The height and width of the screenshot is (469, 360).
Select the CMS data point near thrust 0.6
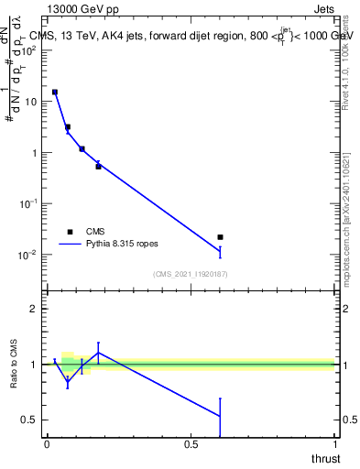pos(220,237)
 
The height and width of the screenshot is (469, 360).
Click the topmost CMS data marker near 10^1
pos(55,93)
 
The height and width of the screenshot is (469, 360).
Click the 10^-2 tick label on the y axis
pos(28,255)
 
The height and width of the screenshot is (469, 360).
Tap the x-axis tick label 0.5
pos(191,444)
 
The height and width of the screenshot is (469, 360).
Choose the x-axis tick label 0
pos(47,444)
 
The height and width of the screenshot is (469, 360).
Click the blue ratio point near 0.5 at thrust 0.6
pos(220,416)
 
